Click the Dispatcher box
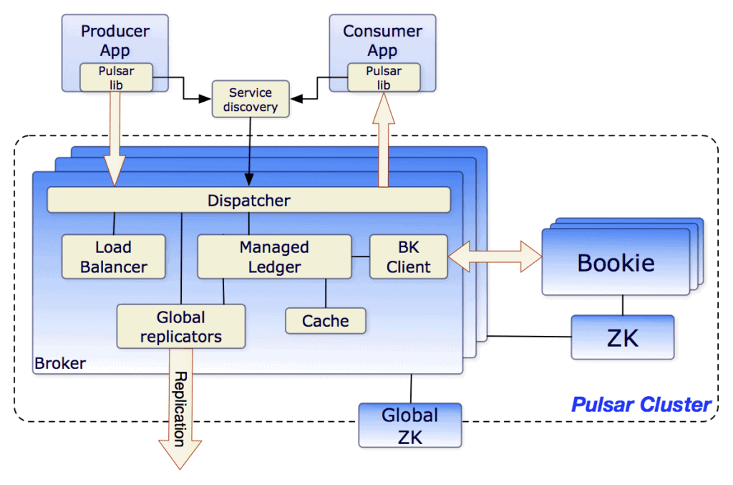point(248,200)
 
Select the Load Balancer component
point(113,257)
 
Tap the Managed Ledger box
point(274,257)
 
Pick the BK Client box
point(408,257)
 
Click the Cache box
point(325,321)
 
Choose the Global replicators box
point(180,327)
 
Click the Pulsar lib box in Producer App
point(116,77)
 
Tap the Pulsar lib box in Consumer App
point(384,77)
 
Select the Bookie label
point(616,262)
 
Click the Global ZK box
point(409,425)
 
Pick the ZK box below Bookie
point(622,337)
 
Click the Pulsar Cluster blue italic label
point(641,405)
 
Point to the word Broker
point(60,363)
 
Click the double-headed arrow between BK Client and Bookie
point(494,256)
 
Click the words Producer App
point(115,40)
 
